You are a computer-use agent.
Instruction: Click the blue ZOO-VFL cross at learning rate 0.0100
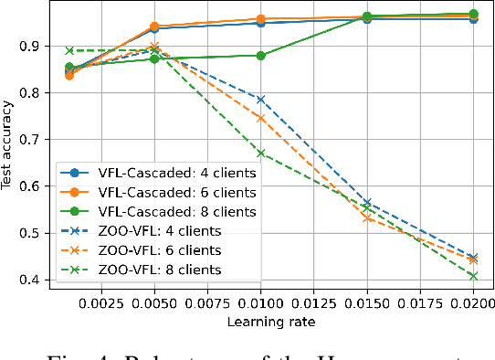coord(260,100)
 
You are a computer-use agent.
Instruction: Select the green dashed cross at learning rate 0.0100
coord(260,154)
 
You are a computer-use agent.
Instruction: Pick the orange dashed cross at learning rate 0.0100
coord(260,118)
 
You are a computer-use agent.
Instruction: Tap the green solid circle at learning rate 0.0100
coord(260,56)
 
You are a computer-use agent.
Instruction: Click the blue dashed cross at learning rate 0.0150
coord(367,203)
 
